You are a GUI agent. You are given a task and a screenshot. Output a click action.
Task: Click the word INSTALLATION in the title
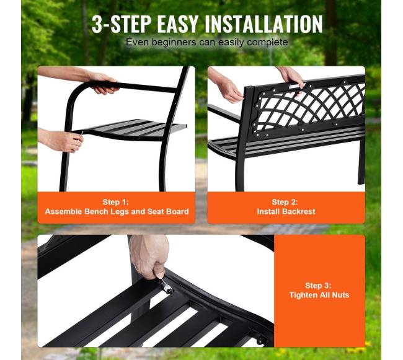tap(263, 24)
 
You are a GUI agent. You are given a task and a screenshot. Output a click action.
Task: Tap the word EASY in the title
tap(177, 24)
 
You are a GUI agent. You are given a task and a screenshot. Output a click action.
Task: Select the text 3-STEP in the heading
tap(122, 24)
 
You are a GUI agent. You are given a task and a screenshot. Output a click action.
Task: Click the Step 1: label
tap(116, 202)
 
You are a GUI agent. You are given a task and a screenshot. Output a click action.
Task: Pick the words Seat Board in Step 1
tap(168, 211)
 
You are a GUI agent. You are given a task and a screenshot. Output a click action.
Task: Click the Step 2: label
tap(285, 202)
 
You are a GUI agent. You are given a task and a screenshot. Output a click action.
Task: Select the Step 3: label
tap(318, 285)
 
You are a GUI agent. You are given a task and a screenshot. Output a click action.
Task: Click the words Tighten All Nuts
tap(319, 295)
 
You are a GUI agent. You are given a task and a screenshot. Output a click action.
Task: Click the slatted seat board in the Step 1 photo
tap(134, 128)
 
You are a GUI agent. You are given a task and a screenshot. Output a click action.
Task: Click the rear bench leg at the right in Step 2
tap(361, 162)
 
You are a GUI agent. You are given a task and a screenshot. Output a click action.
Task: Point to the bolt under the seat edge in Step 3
tap(260, 341)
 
